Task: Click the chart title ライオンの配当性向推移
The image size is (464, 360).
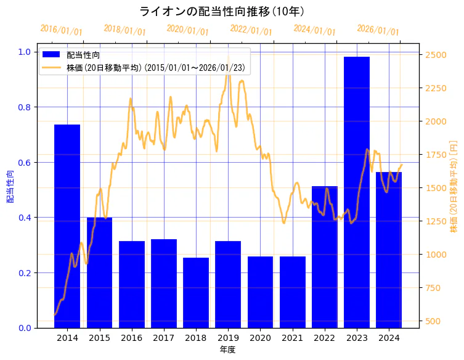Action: tap(221, 11)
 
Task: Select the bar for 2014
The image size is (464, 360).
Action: tap(67, 226)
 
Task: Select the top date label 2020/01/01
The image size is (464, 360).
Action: tap(188, 30)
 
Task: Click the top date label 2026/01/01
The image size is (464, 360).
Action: tap(378, 30)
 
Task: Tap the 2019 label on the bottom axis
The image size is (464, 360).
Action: tap(228, 338)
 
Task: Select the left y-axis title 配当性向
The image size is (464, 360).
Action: tap(10, 186)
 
